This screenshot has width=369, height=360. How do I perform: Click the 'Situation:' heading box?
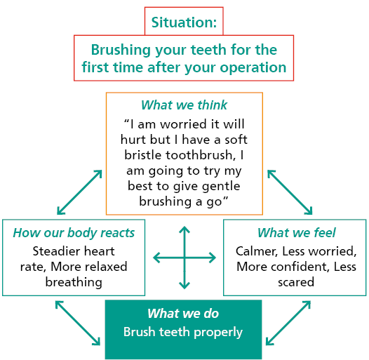click(184, 22)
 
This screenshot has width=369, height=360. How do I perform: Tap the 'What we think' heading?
click(184, 105)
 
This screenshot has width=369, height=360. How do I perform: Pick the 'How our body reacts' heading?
click(74, 233)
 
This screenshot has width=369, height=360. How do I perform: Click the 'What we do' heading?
click(183, 314)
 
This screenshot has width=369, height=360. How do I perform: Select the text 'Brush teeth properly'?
click(183, 332)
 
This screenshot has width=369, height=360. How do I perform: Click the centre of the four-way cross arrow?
click(184, 258)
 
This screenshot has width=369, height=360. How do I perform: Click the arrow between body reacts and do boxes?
click(76, 324)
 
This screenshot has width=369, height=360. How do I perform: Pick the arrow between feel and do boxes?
click(289, 324)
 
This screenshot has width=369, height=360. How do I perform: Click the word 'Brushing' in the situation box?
click(121, 51)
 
